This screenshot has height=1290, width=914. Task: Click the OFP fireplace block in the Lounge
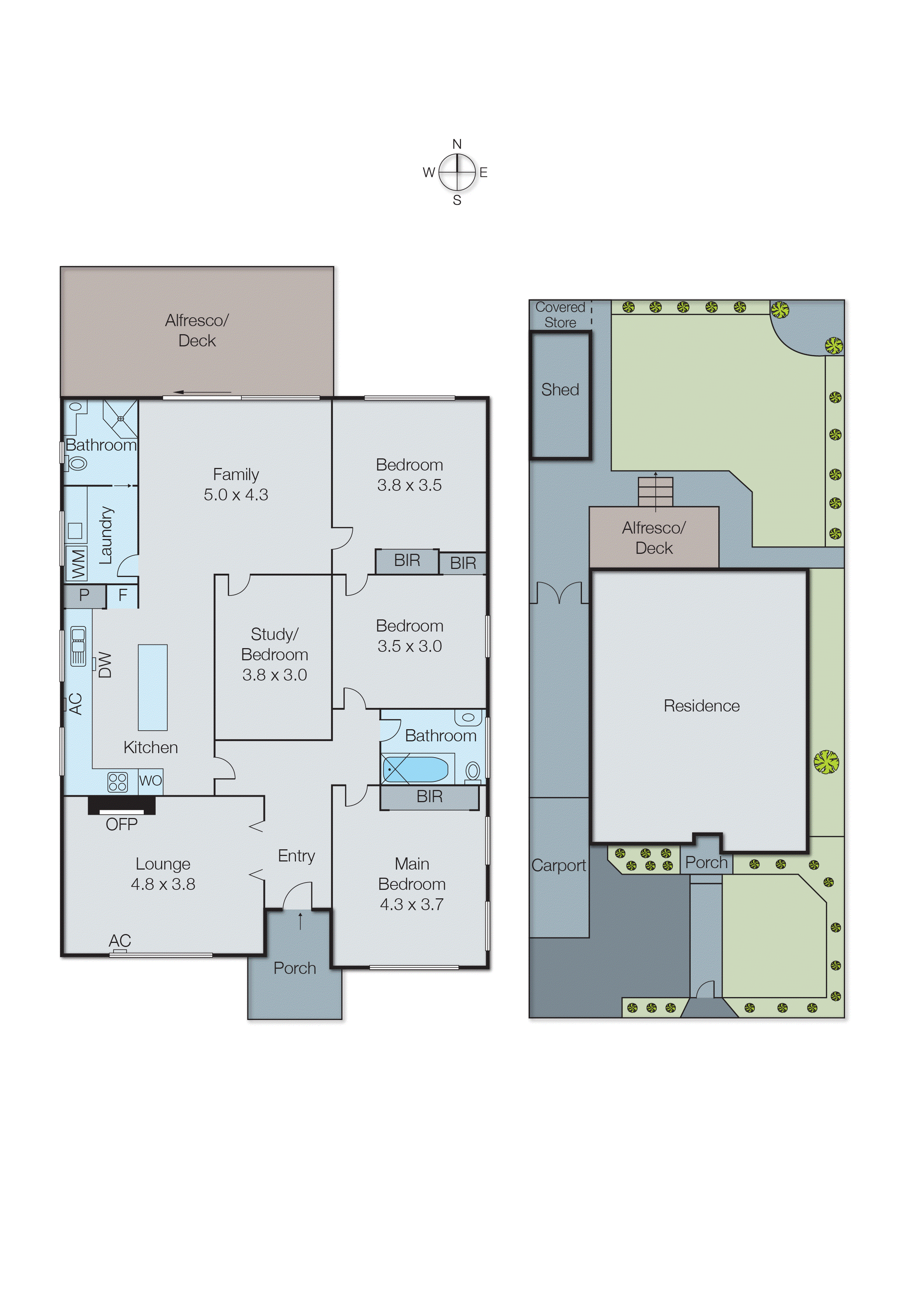122,805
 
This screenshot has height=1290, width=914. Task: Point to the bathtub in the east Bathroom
415,769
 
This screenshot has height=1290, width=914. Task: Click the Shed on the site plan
560,395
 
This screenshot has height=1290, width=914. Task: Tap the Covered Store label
560,314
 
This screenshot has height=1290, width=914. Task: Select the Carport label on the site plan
558,865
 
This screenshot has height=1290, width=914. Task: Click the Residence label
701,706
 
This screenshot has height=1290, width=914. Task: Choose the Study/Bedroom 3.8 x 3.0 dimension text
275,675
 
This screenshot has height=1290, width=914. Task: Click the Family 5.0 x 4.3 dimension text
236,494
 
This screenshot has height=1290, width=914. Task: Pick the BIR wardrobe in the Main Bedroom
429,797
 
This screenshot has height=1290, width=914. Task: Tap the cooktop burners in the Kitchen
118,782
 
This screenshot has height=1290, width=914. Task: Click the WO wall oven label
150,781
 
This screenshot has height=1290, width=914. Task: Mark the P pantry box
84,595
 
